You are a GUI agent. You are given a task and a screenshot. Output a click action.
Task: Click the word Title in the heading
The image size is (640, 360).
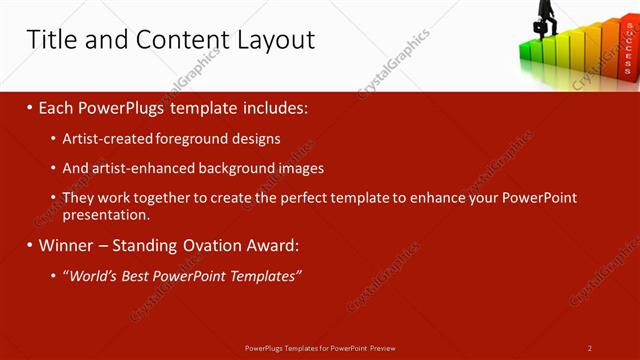tap(50, 40)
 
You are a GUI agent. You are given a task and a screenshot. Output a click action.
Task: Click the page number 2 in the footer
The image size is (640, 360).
tap(590, 348)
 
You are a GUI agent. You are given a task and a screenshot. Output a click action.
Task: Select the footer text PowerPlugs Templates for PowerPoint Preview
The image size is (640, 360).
tap(319, 348)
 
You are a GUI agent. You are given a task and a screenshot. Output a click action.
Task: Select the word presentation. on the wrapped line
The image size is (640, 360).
tap(106, 215)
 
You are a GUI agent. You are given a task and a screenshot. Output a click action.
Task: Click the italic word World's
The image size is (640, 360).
tap(93, 276)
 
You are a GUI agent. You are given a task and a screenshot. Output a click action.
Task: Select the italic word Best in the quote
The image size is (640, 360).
tap(138, 276)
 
